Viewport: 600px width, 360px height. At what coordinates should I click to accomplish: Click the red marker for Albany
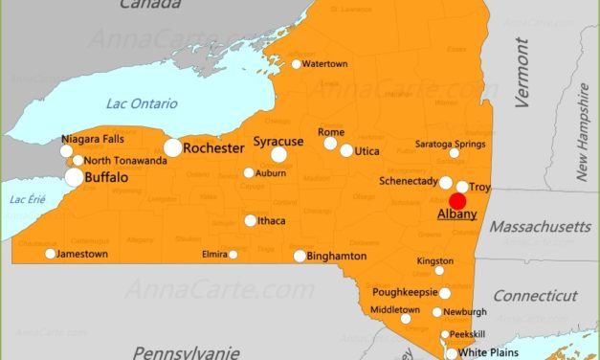tap(457, 201)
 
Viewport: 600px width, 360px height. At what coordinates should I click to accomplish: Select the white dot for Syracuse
tap(278, 154)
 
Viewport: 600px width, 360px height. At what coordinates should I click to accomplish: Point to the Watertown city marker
tap(297, 64)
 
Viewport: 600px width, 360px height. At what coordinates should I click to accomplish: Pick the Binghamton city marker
tap(300, 256)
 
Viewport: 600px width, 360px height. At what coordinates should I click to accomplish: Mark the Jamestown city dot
tap(51, 254)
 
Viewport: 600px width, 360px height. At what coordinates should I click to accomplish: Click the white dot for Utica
tap(346, 150)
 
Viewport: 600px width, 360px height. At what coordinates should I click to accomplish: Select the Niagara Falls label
tap(93, 139)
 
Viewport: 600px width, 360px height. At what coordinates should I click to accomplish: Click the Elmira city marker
tap(233, 254)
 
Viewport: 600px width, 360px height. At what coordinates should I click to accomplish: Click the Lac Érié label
tap(27, 199)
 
